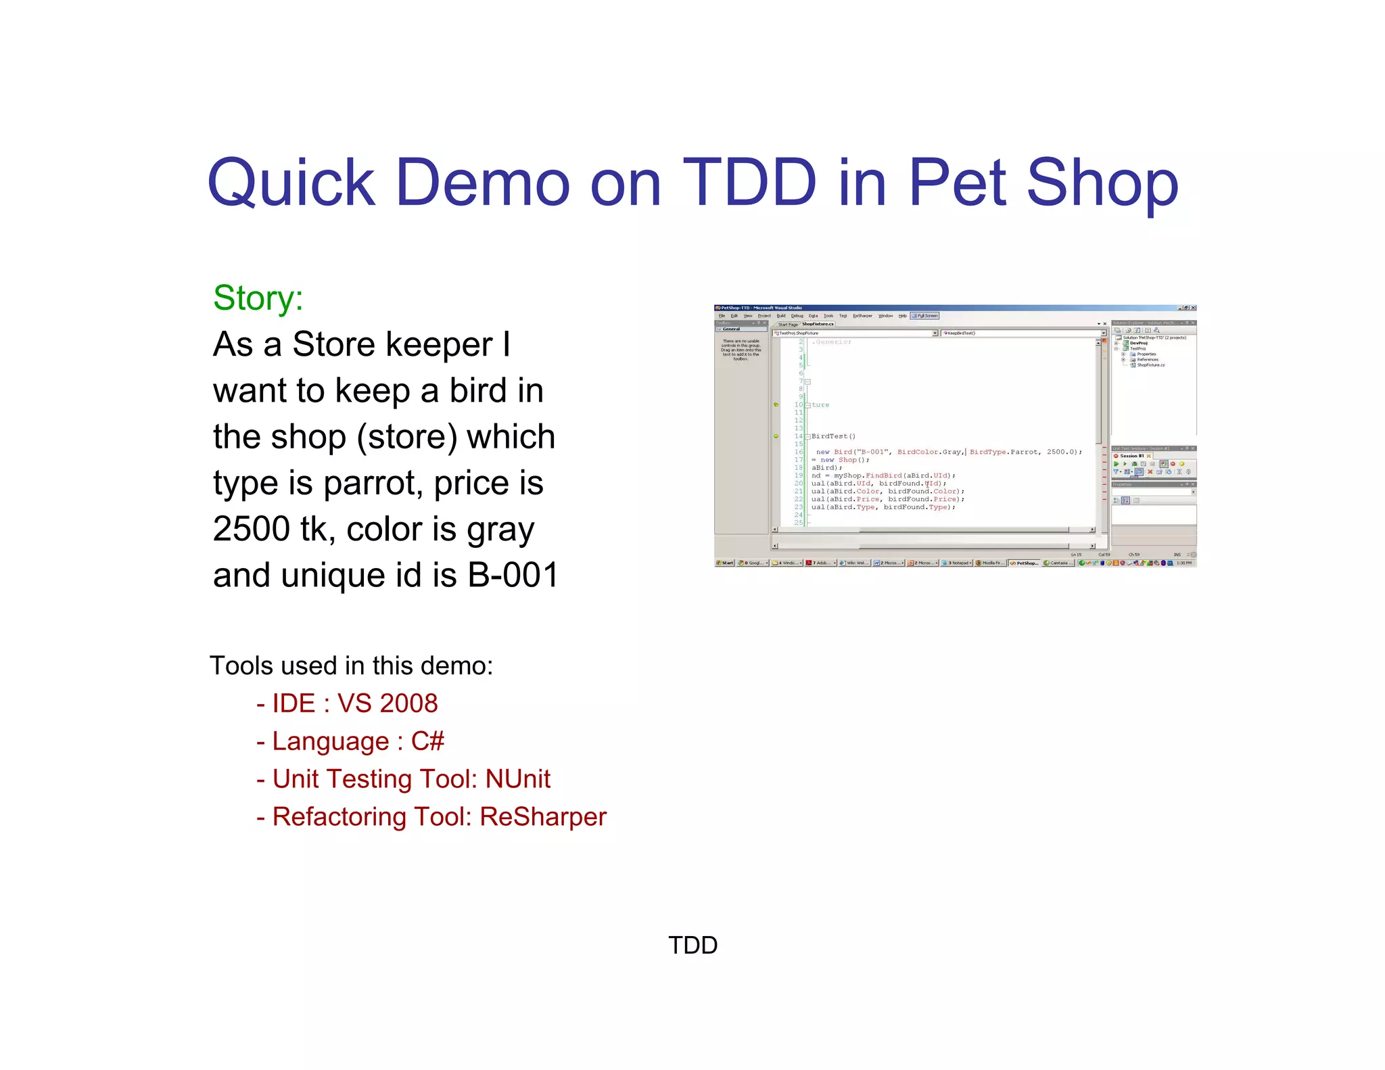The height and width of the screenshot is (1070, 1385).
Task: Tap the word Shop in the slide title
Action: [1102, 183]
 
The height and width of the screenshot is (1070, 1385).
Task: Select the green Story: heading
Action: [258, 298]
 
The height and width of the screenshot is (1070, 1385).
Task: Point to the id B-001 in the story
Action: [513, 575]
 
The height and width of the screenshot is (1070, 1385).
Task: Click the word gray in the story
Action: [499, 529]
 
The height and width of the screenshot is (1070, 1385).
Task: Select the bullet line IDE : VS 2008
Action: [347, 703]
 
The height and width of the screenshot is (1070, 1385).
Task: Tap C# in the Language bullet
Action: [427, 741]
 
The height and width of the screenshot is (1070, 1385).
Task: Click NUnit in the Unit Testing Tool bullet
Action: [518, 779]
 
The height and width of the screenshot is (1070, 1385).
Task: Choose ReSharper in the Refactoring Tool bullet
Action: [543, 817]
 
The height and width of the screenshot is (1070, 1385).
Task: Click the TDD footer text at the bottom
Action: [692, 945]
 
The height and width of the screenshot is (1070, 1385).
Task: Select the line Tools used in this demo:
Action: [351, 666]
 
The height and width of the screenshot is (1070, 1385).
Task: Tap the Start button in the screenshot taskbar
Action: [725, 563]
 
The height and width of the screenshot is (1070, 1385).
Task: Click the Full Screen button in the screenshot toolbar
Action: [925, 316]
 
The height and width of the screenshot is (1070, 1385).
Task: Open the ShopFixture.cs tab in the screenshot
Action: [818, 324]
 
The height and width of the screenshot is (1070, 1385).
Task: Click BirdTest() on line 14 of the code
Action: [833, 436]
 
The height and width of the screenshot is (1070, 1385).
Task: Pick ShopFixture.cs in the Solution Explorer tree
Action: [1150, 365]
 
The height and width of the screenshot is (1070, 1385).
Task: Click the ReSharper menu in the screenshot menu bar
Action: [862, 316]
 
